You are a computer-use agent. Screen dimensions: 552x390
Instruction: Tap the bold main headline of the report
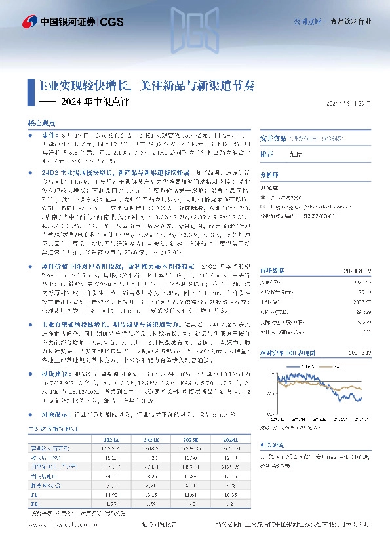click(148, 86)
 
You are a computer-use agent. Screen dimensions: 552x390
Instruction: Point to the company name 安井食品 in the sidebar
click(275, 138)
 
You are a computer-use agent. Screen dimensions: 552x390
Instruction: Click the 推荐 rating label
click(268, 155)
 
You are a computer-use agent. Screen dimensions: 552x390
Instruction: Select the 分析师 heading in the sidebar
click(270, 175)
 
